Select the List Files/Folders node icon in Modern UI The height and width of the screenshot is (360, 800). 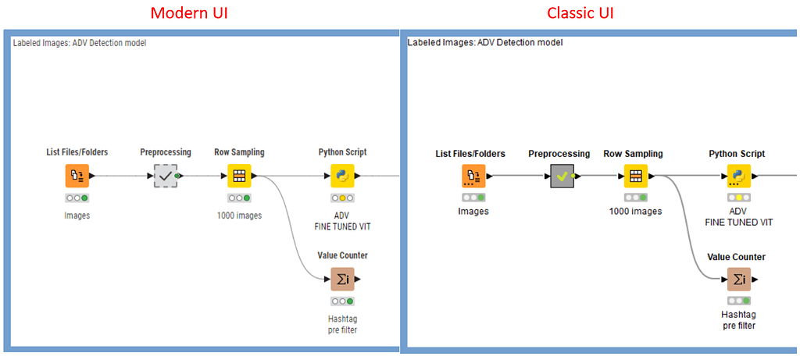click(77, 176)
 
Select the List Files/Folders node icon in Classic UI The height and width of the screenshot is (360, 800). click(472, 176)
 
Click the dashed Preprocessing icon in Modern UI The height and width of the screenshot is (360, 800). click(166, 176)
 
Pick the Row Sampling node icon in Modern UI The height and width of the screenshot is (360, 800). click(239, 176)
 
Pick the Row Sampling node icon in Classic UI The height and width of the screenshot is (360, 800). click(635, 176)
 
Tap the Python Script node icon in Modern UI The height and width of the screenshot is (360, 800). click(342, 176)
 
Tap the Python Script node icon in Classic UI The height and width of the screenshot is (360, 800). click(738, 176)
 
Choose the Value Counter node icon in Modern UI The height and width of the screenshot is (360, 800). click(342, 279)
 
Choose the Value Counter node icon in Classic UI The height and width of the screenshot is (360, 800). click(738, 279)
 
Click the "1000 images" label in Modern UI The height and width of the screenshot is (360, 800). click(239, 216)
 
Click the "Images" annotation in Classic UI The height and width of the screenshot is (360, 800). click(473, 211)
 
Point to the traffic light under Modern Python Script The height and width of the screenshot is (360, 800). click(342, 198)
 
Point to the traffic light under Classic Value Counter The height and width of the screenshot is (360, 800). click(738, 301)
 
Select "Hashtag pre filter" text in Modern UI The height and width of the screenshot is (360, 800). click(342, 324)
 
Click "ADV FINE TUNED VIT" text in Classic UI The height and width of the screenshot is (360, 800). click(738, 216)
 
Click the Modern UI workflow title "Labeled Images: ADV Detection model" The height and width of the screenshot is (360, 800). click(80, 43)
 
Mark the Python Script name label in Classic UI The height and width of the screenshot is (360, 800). click(737, 154)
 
